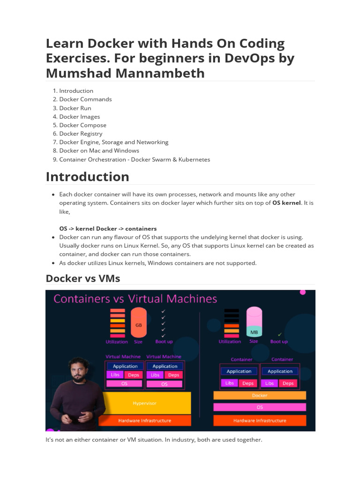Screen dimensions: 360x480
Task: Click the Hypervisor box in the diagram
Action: [x=144, y=403]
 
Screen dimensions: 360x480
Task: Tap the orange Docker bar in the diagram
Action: [x=259, y=395]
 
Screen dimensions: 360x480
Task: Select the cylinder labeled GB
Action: [x=138, y=323]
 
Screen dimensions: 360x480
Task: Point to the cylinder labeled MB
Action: [x=254, y=322]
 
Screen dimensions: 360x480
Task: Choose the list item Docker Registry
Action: [x=81, y=134]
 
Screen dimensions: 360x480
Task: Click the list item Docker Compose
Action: [x=82, y=125]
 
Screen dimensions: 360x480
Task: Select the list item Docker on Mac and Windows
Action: [x=99, y=150]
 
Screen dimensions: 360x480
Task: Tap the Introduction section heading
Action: [x=87, y=177]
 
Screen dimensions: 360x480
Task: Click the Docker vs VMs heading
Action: [x=83, y=278]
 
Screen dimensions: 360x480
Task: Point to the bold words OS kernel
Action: [x=286, y=203]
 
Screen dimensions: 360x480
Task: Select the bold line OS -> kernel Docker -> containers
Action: [x=108, y=229]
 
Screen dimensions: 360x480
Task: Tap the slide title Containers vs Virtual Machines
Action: [x=135, y=299]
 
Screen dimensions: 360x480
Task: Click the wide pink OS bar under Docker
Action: [x=259, y=407]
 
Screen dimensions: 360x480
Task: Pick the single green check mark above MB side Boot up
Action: [x=279, y=334]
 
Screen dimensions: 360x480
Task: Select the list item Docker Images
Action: [x=79, y=117]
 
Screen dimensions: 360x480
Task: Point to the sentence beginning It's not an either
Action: [x=154, y=440]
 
